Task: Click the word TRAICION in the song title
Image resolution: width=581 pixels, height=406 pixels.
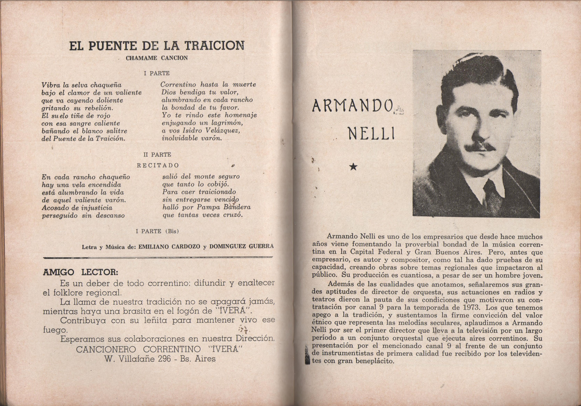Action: [x=214, y=46]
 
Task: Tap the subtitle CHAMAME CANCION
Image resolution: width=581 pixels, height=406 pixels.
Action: [x=157, y=58]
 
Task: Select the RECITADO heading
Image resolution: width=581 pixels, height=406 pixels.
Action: [x=158, y=165]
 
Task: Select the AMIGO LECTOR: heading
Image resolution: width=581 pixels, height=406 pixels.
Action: [x=80, y=272]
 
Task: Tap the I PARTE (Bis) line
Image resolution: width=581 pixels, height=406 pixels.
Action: [x=157, y=231]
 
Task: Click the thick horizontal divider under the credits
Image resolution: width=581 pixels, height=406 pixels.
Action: [x=158, y=258]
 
